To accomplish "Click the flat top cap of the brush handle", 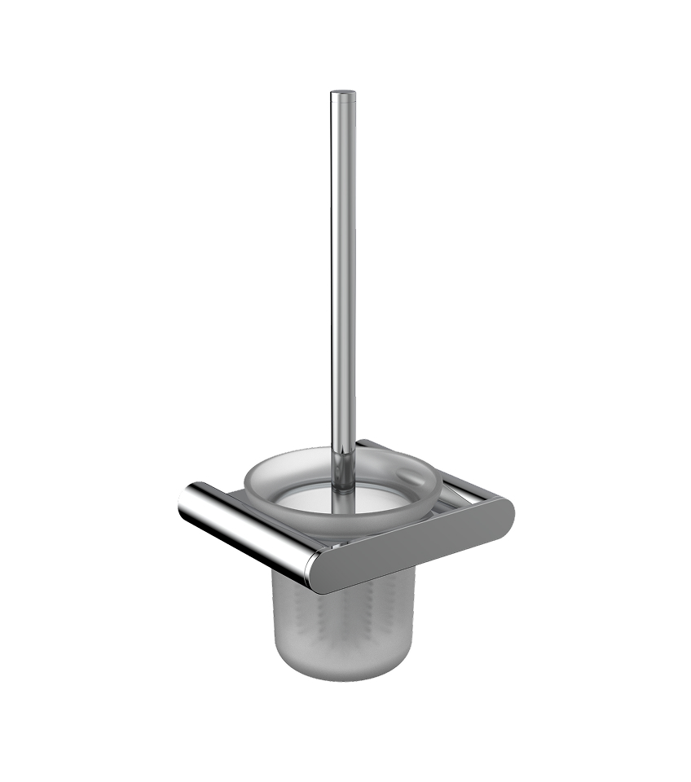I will (342, 93).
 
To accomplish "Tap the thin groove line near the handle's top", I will (342, 105).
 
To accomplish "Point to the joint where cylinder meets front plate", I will (313, 570).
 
